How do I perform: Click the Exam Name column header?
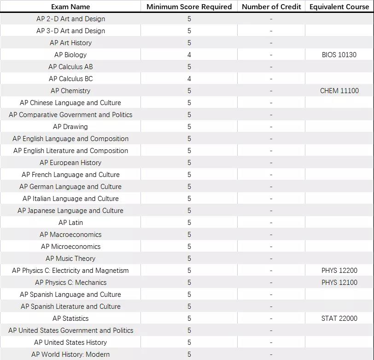click(70, 6)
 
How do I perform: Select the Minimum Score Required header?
click(189, 6)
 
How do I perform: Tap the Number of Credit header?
click(271, 6)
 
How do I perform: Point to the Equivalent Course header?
click(339, 6)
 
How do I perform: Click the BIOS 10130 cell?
click(339, 55)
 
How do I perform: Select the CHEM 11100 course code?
click(339, 91)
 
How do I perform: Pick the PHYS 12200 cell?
click(339, 271)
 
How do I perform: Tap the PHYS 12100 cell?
click(339, 283)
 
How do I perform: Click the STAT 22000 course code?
click(339, 319)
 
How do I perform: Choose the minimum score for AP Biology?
click(189, 55)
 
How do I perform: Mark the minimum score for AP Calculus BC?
click(189, 79)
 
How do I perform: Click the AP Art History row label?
click(70, 43)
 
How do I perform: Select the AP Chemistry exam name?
click(70, 91)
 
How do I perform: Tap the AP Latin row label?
click(70, 223)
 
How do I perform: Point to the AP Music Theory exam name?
click(70, 259)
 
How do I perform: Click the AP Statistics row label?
click(70, 319)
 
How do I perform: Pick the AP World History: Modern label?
click(70, 354)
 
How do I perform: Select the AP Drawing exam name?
click(70, 127)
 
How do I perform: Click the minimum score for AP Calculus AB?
click(189, 67)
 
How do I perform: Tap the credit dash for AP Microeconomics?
click(271, 247)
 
